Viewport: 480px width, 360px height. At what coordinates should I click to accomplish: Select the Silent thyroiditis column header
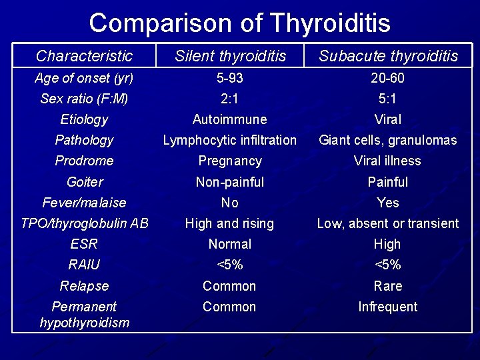click(230, 56)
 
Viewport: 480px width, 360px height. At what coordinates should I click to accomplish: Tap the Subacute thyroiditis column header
click(388, 56)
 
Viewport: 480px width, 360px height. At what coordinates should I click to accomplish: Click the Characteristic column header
click(84, 56)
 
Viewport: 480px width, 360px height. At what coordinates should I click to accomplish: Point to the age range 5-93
click(230, 79)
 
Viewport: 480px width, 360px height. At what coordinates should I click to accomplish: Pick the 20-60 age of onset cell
click(388, 79)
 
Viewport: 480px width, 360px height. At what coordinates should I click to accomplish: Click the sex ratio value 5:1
click(388, 99)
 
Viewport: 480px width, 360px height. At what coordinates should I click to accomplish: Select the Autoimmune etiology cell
click(230, 120)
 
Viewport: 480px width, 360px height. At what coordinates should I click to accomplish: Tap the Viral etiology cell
click(388, 120)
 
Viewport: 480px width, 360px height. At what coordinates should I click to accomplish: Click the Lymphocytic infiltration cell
click(230, 141)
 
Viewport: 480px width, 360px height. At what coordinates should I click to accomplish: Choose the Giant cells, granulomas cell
click(388, 141)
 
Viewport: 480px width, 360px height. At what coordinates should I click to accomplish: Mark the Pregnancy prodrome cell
click(230, 161)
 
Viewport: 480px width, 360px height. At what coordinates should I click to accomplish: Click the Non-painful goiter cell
click(230, 182)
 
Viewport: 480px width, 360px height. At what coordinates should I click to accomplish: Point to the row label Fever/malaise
click(84, 203)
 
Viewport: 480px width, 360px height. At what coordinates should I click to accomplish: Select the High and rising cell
click(230, 223)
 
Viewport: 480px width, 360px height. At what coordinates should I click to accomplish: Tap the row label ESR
click(84, 244)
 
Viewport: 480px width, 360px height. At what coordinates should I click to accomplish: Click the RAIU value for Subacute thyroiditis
click(388, 265)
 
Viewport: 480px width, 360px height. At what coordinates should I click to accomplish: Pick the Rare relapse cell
click(388, 286)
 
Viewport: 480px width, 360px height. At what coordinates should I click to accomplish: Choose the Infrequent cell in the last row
click(388, 307)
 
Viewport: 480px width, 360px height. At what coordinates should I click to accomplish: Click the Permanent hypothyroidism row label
click(84, 315)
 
